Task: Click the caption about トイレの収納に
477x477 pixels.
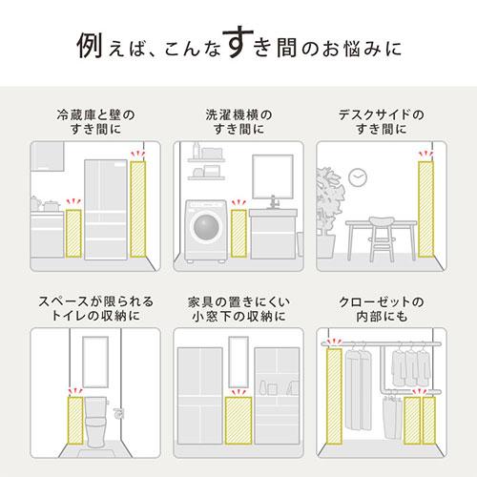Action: pyautogui.click(x=90, y=308)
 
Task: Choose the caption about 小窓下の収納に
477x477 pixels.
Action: pyautogui.click(x=238, y=308)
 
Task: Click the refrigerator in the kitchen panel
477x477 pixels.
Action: pyautogui.click(x=104, y=207)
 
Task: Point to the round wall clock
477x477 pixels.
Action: pyautogui.click(x=358, y=178)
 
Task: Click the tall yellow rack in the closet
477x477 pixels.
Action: pyautogui.click(x=334, y=396)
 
